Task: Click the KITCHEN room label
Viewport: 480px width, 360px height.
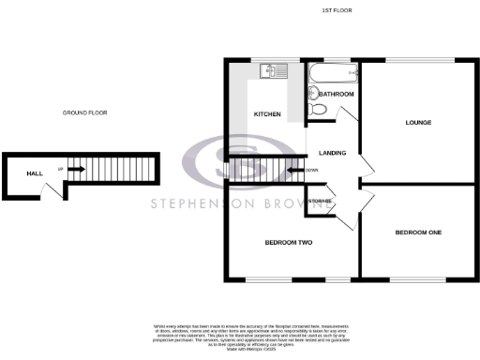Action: (267, 114)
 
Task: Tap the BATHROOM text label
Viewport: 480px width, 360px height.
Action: (336, 95)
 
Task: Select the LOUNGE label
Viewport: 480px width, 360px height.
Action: (418, 123)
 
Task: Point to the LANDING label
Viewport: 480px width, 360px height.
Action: (333, 153)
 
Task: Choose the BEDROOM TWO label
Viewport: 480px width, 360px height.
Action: (288, 243)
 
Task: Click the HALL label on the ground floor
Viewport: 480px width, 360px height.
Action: (34, 173)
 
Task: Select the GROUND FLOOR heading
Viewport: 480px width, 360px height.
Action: (85, 112)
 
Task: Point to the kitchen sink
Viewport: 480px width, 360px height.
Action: (276, 69)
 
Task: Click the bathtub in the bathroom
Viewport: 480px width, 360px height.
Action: (332, 72)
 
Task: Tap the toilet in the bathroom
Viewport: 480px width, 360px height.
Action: (316, 110)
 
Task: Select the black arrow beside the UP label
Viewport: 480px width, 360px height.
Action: (77, 170)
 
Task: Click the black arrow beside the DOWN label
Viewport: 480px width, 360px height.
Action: (294, 170)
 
